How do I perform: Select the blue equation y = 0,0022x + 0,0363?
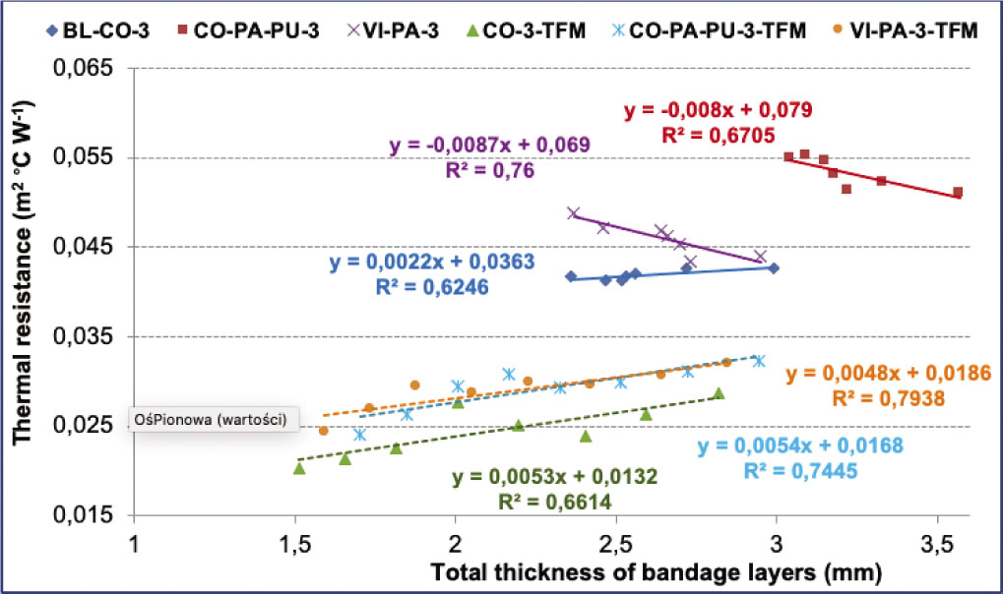pos(432,263)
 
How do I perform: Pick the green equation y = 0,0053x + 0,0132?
pos(555,478)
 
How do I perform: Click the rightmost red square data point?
pos(958,193)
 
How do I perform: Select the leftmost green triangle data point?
pos(299,468)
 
